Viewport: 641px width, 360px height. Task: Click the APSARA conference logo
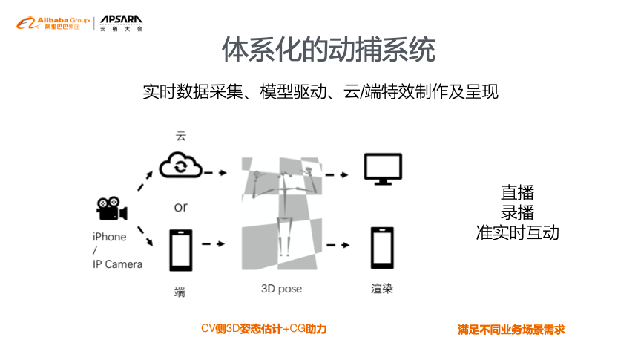coord(122,23)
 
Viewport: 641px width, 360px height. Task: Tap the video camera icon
coord(111,209)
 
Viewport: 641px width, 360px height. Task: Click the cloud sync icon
coord(180,166)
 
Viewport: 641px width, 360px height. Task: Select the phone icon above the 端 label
coord(180,251)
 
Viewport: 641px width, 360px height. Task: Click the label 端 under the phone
coord(180,292)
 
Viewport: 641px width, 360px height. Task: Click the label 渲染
coord(382,288)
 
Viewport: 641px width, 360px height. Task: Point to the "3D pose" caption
coord(281,288)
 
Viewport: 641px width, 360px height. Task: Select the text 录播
coord(517,212)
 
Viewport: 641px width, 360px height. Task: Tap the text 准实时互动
coord(517,232)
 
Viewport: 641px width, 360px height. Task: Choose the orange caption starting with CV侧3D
coord(263,328)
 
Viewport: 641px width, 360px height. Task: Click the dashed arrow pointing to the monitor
coord(338,175)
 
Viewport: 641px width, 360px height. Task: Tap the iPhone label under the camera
coord(109,237)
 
